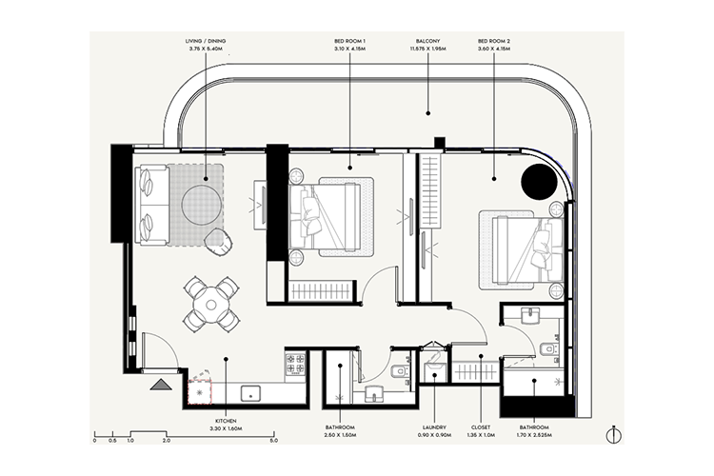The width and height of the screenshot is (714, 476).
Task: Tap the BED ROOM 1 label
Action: [349, 42]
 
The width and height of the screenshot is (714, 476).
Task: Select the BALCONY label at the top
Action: [427, 42]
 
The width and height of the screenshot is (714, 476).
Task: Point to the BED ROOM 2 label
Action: [495, 42]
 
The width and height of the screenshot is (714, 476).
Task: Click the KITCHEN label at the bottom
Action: [226, 420]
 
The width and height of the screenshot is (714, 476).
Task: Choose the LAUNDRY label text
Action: [434, 428]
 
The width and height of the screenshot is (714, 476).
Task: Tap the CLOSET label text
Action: [482, 428]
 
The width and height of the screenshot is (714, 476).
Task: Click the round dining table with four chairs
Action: [211, 303]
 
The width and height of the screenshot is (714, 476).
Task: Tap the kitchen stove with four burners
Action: [295, 364]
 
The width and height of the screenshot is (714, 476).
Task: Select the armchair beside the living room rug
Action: [219, 241]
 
